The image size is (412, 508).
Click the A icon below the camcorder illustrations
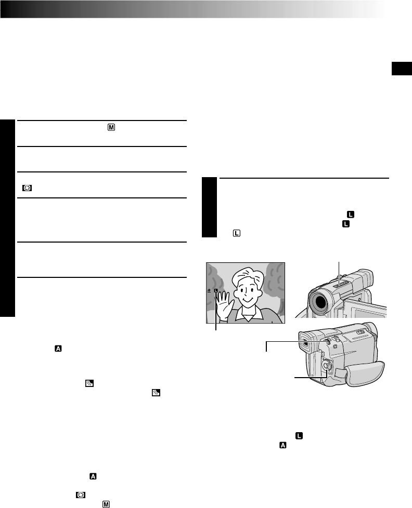pyautogui.click(x=282, y=445)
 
